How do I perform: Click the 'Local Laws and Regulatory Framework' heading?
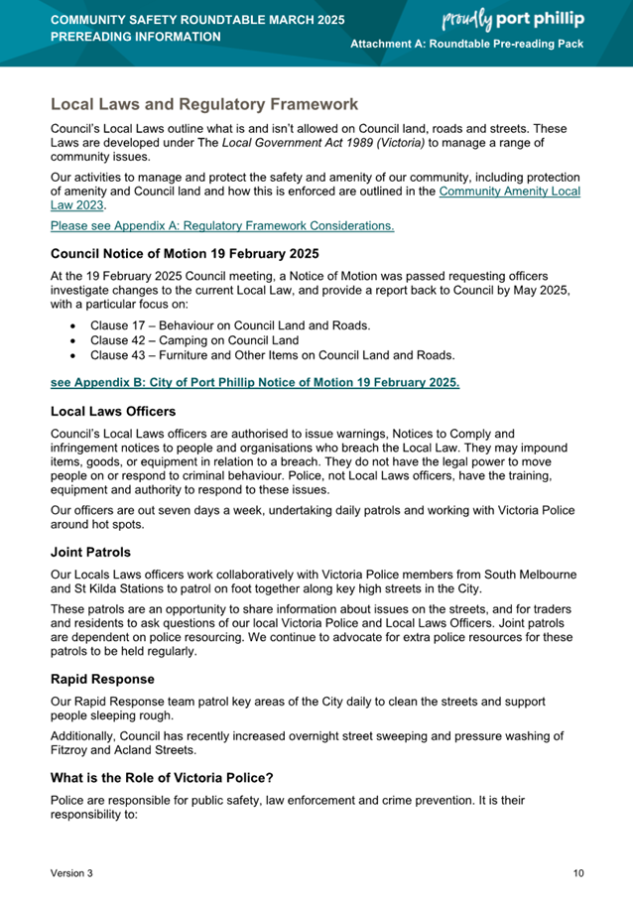point(204,104)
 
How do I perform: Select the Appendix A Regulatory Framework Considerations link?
point(221,226)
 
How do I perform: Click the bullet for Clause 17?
point(74,325)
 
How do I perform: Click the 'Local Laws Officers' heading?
point(113,410)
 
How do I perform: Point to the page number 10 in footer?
point(578,873)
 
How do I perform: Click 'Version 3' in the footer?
point(72,873)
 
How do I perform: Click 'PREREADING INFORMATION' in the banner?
point(136,37)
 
